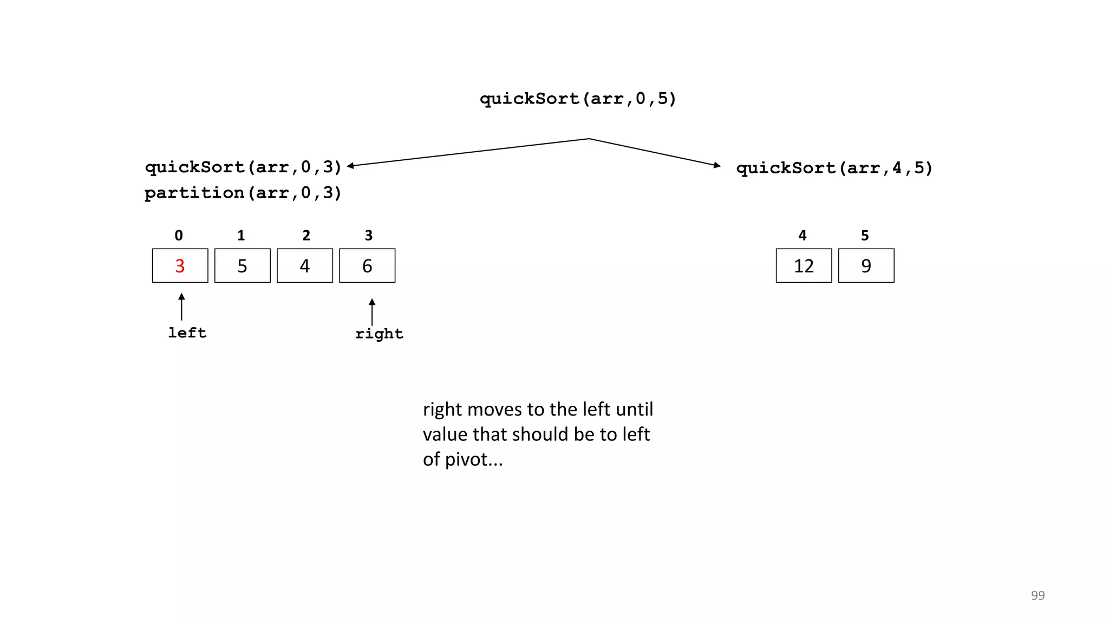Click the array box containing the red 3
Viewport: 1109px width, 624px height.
[180, 265]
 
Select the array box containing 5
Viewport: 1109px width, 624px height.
[242, 265]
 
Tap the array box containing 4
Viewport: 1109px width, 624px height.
[304, 265]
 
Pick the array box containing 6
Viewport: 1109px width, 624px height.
[367, 265]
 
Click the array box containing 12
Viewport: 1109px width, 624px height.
[804, 265]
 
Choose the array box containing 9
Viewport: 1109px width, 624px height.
[866, 265]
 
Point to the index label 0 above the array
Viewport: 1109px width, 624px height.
[179, 235]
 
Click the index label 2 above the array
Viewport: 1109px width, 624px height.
[306, 235]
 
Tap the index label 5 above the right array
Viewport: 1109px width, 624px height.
[865, 235]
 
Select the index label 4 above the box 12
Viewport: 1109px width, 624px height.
[803, 235]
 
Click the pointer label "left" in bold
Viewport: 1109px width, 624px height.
[187, 333]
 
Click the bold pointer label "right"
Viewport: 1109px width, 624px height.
[379, 334]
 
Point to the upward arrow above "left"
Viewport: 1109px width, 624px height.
[181, 307]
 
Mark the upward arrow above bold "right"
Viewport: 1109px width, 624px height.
[372, 311]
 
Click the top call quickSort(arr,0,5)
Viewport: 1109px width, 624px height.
[578, 99]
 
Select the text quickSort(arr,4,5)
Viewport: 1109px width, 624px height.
[834, 168]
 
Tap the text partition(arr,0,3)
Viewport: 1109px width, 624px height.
[243, 193]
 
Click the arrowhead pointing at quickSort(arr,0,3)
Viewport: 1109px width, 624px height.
[350, 166]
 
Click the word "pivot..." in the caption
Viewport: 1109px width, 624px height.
[474, 459]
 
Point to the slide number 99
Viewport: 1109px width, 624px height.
[1038, 595]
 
